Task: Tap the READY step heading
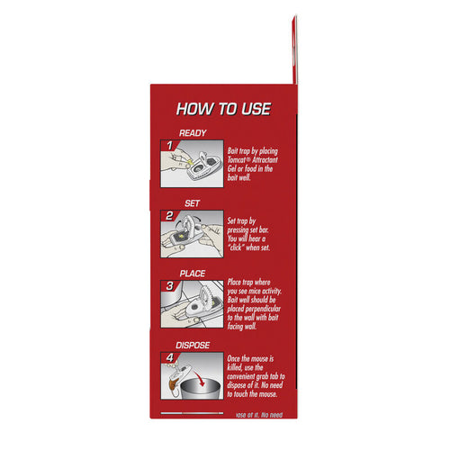193,132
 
